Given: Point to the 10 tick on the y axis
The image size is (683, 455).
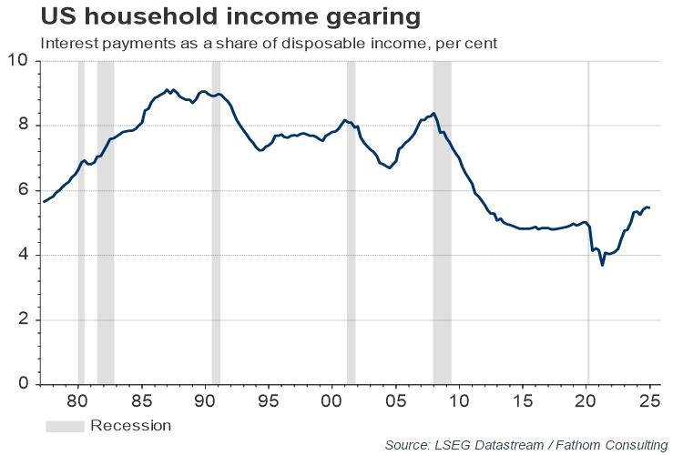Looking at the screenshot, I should pyautogui.click(x=17, y=61).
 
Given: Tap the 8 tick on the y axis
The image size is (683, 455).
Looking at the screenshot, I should pyautogui.click(x=21, y=126).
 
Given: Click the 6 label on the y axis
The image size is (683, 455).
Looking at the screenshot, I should pyautogui.click(x=21, y=190).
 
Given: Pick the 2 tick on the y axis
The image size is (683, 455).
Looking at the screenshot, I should pyautogui.click(x=21, y=320).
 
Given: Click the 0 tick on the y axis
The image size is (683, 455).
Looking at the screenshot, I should pyautogui.click(x=21, y=385).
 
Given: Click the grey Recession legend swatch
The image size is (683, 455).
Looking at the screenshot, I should pyautogui.click(x=65, y=426).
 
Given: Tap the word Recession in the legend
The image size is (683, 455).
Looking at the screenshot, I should pyautogui.click(x=130, y=426).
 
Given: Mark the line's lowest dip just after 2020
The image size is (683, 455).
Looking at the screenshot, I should pyautogui.click(x=602, y=265).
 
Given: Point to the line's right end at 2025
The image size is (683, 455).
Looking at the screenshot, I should pyautogui.click(x=648, y=207).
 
